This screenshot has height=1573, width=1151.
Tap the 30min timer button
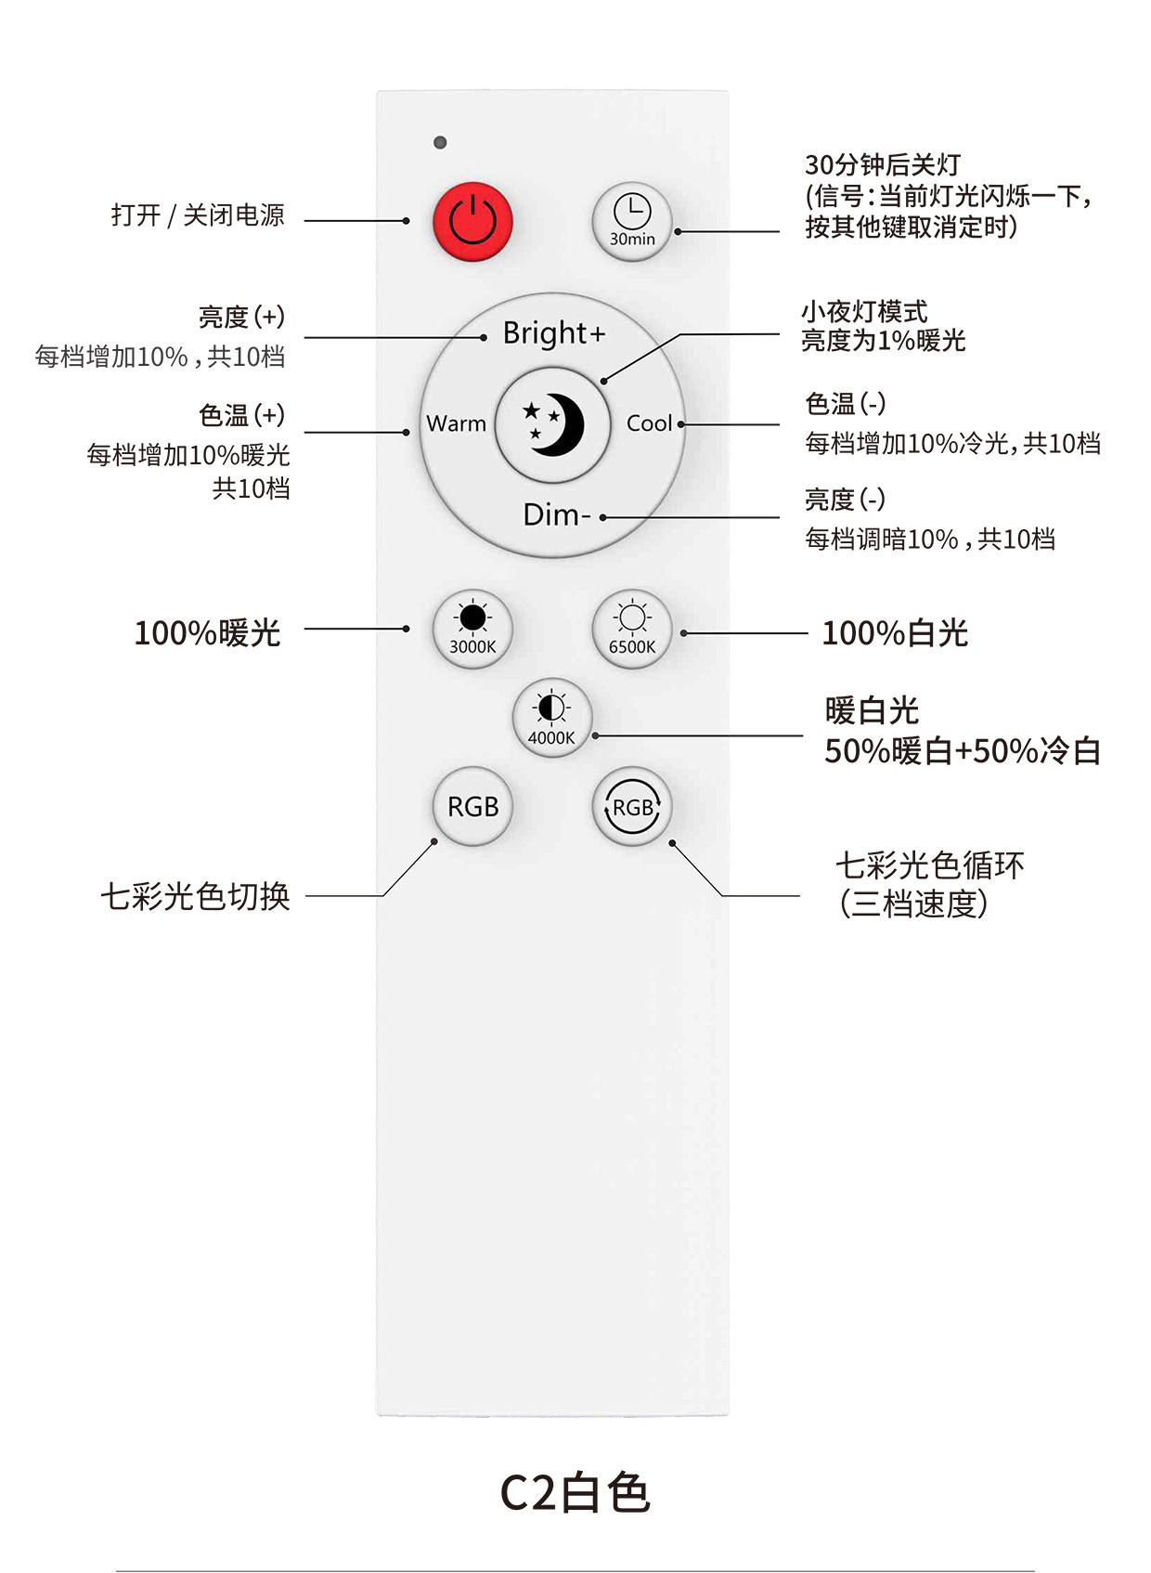pos(632,221)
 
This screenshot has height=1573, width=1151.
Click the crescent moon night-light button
pos(553,424)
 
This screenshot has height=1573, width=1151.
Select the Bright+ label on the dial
pos(553,332)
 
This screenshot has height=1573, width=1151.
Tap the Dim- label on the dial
pos(556,513)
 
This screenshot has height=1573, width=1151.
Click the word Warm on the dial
pos(456,423)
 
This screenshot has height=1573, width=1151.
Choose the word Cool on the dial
pos(649,423)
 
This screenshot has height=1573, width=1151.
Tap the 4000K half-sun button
pos(552,718)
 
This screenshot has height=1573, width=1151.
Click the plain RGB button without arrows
pos(473,806)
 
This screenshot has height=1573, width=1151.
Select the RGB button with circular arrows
pos(632,806)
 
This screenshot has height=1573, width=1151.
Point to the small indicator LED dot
pos(440,142)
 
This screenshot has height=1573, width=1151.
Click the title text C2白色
pos(575,1493)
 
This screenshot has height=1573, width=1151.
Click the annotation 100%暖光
pos(207,633)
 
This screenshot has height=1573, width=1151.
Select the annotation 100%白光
pos(895,633)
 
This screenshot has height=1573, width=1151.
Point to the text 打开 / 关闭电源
pos(198,215)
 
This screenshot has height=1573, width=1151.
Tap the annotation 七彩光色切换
pos(195,897)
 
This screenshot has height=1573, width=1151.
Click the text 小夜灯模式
pos(864,312)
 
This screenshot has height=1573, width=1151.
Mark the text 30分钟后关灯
pos(882,165)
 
